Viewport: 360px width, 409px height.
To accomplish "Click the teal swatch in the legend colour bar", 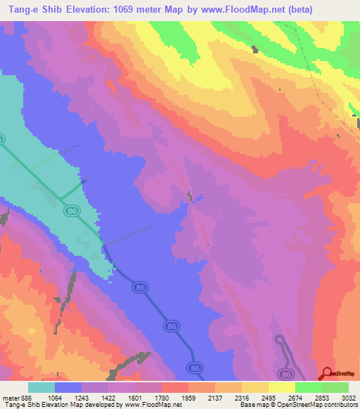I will (41, 387).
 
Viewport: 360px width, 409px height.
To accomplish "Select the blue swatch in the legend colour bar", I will (68, 387).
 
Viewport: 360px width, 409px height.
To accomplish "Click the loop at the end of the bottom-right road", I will (281, 341).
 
